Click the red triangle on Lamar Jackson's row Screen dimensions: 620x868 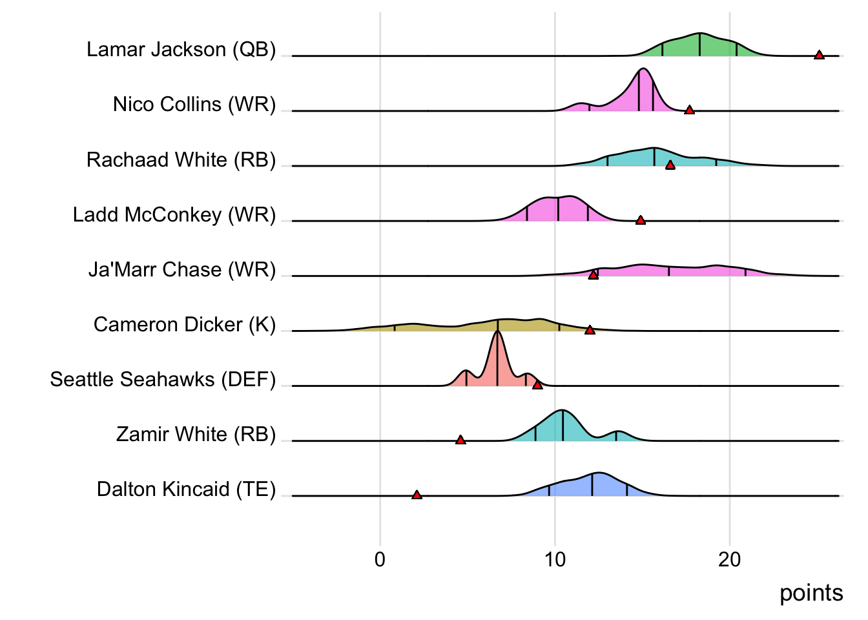click(819, 56)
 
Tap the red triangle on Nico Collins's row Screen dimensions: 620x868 click(689, 110)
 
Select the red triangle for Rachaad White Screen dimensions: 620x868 click(670, 165)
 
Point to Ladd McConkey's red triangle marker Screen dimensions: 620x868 click(640, 221)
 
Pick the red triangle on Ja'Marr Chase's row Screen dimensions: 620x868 click(593, 275)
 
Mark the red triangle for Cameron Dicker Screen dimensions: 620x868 click(590, 330)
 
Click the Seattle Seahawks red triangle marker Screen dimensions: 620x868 click(537, 385)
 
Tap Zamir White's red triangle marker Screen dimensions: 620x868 click(460, 440)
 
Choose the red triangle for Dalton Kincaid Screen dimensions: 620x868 click(417, 495)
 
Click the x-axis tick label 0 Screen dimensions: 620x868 click(380, 559)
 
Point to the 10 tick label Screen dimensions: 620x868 click(555, 559)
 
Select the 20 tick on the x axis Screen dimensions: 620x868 click(730, 559)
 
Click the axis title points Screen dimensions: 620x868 click(811, 593)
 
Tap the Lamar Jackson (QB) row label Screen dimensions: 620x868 click(181, 50)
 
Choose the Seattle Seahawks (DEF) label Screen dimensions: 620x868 click(163, 379)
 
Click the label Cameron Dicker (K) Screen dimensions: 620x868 click(185, 324)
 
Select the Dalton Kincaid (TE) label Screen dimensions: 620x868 click(186, 490)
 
